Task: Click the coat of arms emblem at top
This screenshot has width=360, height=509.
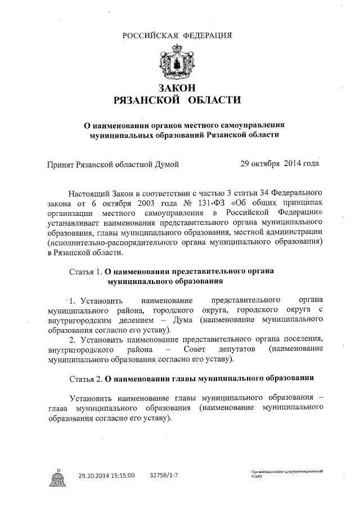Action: pos(178,64)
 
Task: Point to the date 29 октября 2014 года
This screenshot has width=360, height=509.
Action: pos(280,164)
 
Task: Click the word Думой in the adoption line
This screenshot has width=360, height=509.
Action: pos(168,164)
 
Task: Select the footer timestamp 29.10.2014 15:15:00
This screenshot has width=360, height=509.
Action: pos(106,476)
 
